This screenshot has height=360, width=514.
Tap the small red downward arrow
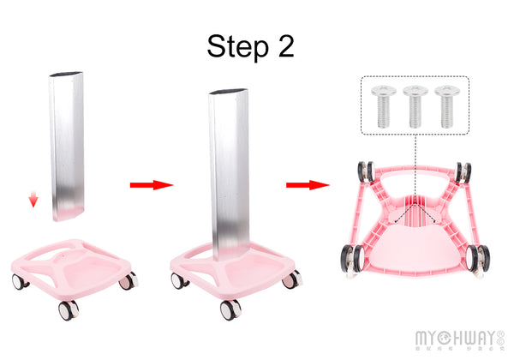[33, 201]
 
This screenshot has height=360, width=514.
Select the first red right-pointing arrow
[151, 184]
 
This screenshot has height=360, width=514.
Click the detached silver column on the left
[66, 146]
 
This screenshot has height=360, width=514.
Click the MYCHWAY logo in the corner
[457, 337]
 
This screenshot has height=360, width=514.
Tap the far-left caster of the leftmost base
[18, 281]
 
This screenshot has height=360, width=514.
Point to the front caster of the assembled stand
[230, 309]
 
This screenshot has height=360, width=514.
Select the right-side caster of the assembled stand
[291, 279]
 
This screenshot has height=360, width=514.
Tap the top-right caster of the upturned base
[463, 171]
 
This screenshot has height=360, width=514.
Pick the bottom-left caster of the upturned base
[350, 258]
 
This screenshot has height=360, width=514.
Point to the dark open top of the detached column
[66, 75]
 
